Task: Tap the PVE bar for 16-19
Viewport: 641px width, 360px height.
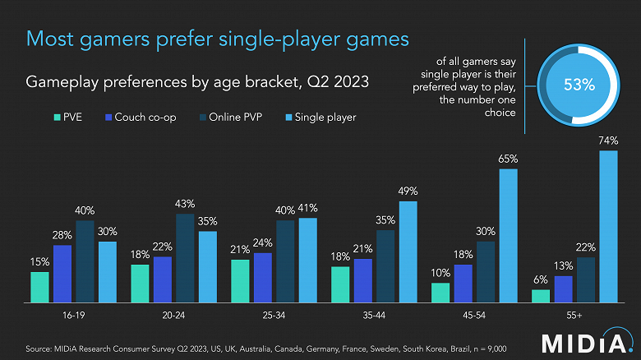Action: coord(39,287)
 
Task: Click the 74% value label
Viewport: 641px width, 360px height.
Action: coord(608,141)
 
